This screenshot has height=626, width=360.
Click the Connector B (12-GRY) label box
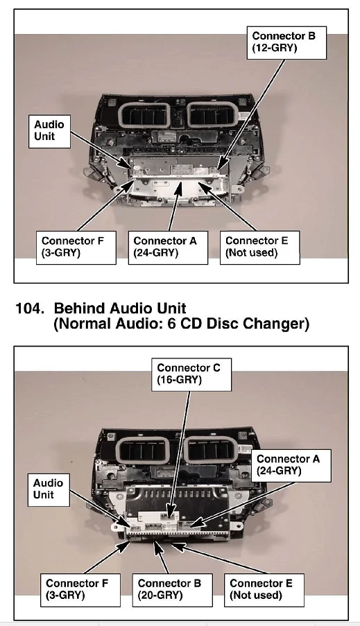286,43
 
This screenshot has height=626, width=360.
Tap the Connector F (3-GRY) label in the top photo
76,247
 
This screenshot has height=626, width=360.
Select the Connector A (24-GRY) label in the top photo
168,247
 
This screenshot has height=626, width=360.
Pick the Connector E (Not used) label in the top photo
259,247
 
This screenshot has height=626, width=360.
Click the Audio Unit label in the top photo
49,131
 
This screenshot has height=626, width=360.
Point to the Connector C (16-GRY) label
191,374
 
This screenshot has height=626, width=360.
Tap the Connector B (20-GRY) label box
172,590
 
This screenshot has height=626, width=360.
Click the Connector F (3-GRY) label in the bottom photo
80,590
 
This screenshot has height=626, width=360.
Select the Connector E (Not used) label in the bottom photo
264,590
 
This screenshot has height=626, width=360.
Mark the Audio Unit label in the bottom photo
49,490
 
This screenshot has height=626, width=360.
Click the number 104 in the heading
29,308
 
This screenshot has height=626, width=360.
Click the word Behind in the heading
79,308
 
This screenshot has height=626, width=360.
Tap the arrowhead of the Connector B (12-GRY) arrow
221,166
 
